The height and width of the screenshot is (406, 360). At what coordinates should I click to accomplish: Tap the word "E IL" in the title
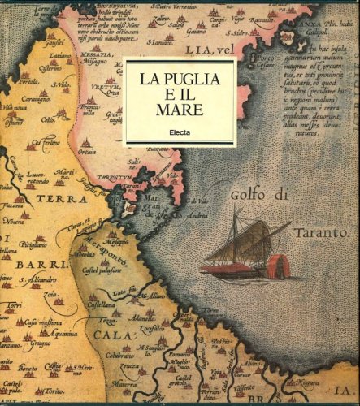pyautogui.click(x=180, y=95)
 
